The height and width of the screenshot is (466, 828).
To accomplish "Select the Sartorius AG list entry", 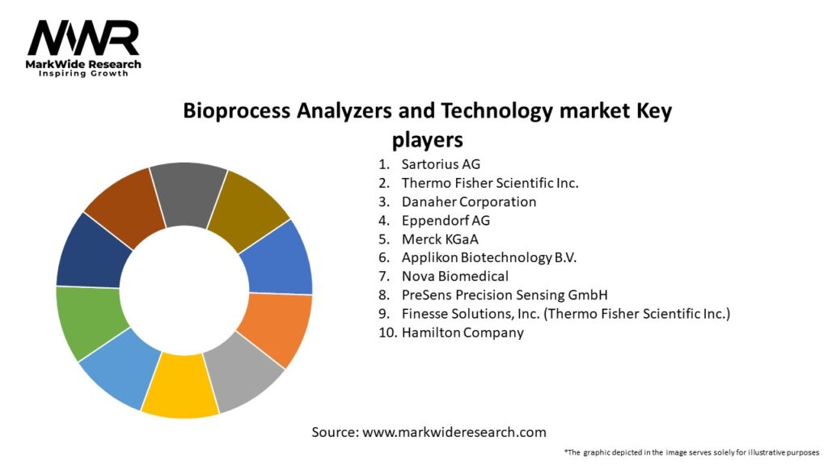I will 441,164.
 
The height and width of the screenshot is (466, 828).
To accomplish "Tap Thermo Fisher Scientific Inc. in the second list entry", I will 489,183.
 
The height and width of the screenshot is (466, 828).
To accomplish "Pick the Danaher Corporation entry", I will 468,201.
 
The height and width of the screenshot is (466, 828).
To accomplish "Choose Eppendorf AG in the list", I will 446,220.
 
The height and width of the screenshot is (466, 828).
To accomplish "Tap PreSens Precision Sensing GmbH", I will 504,294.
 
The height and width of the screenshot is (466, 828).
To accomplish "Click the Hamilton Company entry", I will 463,332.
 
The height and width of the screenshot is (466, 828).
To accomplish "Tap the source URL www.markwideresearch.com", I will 454,432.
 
